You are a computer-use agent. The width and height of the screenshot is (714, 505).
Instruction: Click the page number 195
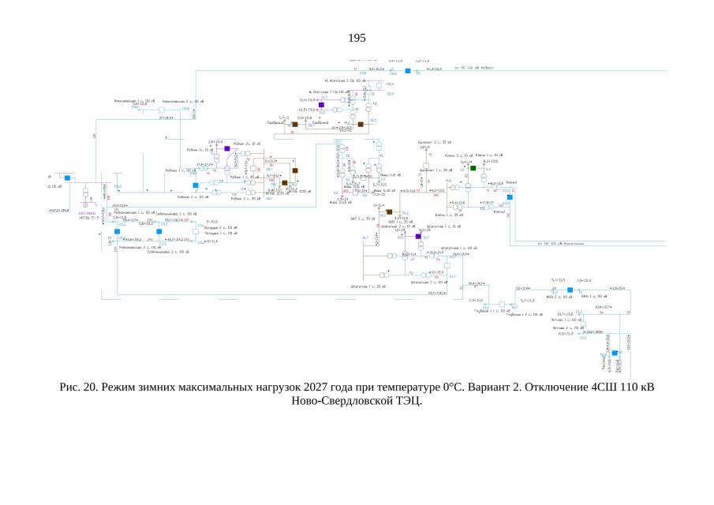357,38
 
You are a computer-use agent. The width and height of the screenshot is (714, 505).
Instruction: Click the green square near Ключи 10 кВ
473,168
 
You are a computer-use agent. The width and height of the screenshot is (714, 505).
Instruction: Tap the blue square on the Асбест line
408,71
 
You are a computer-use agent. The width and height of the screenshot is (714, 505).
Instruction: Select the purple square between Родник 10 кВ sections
226,148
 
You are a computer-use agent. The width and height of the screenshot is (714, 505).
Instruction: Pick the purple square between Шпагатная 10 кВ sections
418,236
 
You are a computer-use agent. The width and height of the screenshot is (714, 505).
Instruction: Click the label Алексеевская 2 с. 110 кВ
178,102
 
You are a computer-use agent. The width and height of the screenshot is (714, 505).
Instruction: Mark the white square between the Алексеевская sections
161,110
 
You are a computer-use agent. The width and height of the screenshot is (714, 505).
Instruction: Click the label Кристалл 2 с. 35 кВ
433,142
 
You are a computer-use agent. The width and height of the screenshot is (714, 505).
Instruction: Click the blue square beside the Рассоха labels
615,353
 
